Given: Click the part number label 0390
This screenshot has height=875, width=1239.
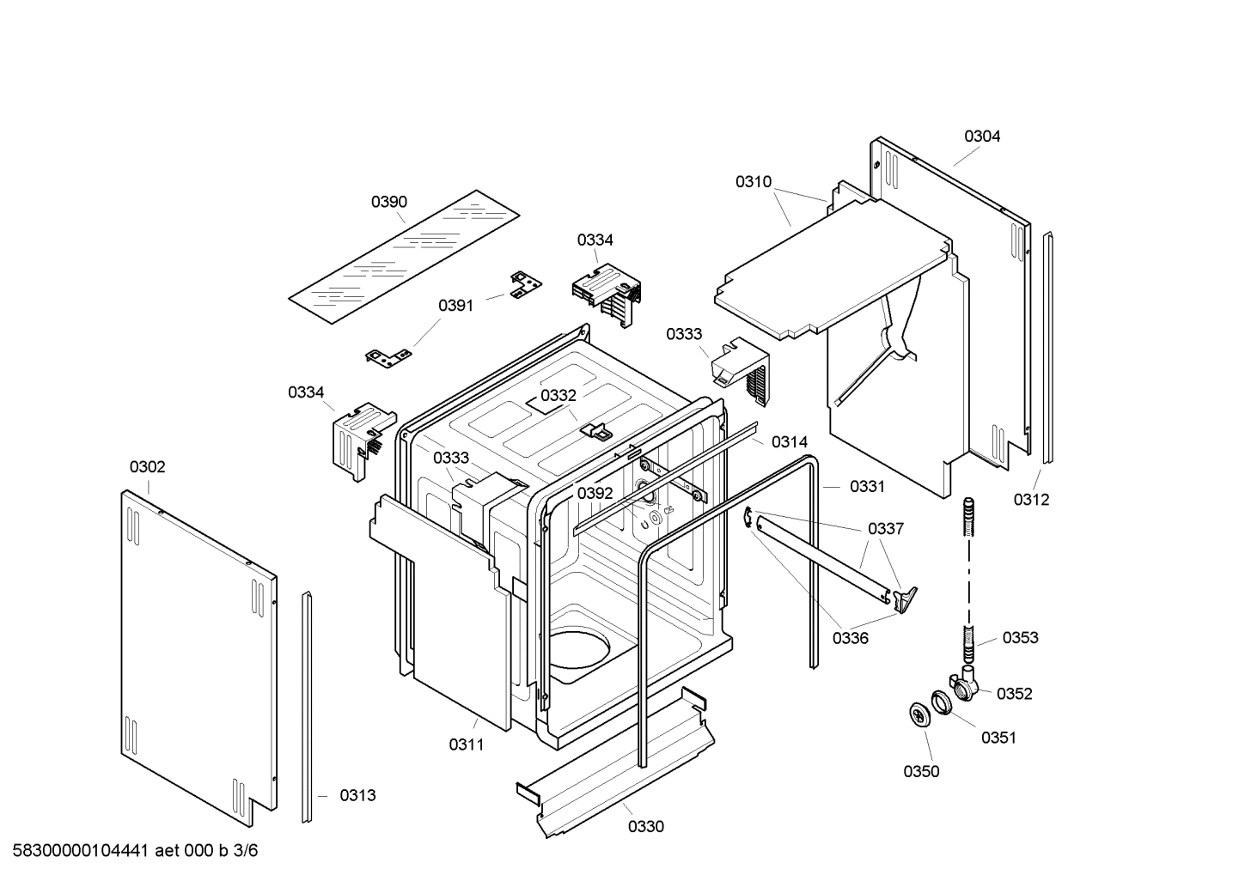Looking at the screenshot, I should point(389,202).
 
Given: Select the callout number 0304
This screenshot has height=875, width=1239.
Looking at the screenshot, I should point(982,136).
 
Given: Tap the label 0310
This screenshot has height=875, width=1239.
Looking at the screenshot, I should point(754,181).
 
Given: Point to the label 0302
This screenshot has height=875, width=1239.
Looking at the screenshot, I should point(148,467).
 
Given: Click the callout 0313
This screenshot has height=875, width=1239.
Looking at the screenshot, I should point(357,795).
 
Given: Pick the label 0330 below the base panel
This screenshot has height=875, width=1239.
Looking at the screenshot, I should point(646,827).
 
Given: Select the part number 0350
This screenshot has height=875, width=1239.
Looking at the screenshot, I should point(921,771).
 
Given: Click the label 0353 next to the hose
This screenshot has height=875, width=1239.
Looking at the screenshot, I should point(1021,637).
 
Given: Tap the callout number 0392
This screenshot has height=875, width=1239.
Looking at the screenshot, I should point(595,493).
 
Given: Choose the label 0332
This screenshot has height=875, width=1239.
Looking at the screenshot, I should point(558,395).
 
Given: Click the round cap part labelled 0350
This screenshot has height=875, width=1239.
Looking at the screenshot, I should point(920,714).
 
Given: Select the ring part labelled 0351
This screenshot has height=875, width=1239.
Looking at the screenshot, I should point(940,702).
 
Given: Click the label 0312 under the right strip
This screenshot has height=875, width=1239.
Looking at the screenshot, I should point(1031,500).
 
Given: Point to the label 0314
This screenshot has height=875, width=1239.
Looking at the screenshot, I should point(790,441).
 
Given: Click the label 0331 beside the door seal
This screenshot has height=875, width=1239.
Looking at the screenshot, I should point(867,486).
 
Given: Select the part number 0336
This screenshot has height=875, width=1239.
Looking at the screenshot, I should point(850,638).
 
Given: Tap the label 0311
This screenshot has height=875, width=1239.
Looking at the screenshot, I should point(467,744).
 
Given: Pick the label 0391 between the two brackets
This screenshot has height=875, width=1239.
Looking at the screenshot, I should point(456,305).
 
